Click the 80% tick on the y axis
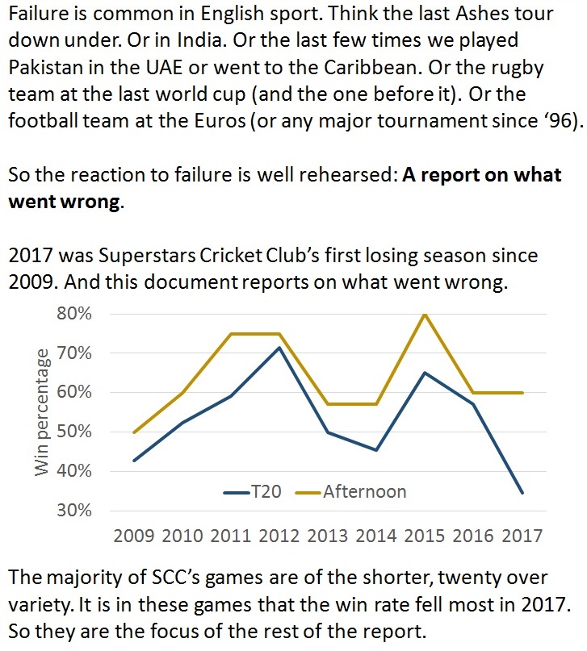[75, 313]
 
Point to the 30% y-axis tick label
[75, 511]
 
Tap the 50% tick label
[75, 432]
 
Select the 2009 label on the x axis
[134, 536]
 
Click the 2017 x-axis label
[522, 536]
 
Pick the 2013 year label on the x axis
[328, 536]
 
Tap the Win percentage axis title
[41, 411]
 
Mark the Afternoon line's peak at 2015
[425, 314]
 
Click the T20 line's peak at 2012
[279, 348]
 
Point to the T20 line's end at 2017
[522, 492]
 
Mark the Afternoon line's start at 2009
[134, 432]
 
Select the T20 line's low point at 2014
[376, 450]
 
